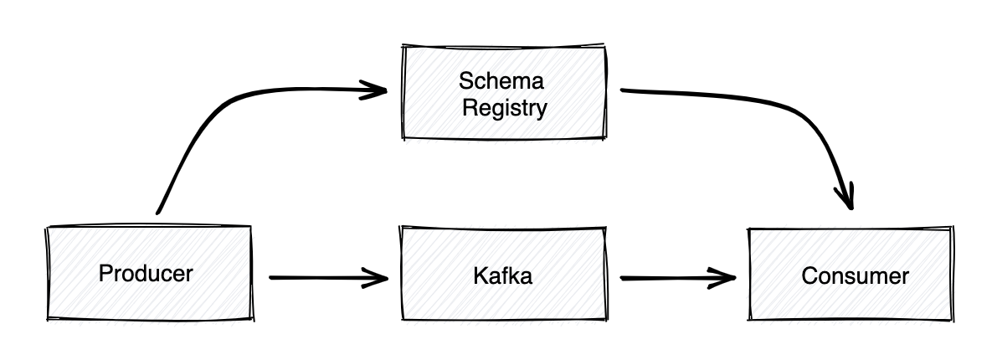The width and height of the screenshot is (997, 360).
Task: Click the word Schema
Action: [501, 81]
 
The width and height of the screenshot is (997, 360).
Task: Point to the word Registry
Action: [504, 108]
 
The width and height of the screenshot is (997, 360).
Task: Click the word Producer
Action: [146, 274]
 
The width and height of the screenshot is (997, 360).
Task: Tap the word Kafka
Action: [502, 275]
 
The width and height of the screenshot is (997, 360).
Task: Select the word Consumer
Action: [855, 275]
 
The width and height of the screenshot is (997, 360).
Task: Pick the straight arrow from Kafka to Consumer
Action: [670, 276]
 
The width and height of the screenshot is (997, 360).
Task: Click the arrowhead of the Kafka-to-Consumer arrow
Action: [727, 276]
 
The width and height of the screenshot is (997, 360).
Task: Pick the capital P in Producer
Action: [105, 274]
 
